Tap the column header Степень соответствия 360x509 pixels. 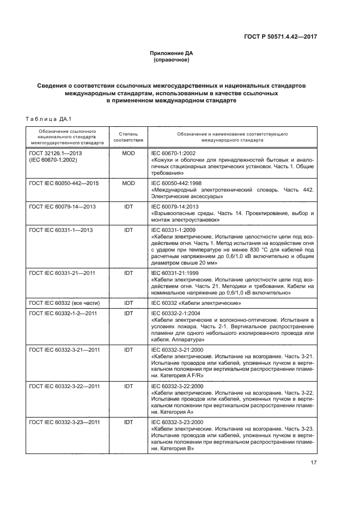[x=129, y=136]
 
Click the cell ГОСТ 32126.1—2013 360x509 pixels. [x=55, y=154]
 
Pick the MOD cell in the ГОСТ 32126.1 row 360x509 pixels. [x=129, y=154]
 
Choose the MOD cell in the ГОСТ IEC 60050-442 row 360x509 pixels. [x=129, y=183]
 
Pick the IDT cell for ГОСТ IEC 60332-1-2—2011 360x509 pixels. [x=129, y=313]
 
